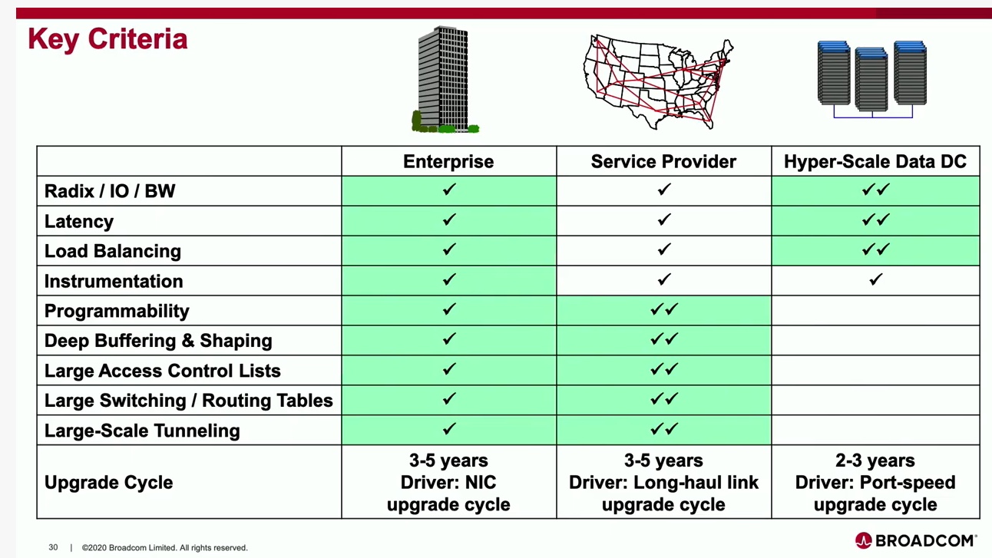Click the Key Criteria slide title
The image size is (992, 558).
(x=107, y=39)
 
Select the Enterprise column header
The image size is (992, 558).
(x=448, y=162)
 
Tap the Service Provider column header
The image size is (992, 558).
(x=663, y=162)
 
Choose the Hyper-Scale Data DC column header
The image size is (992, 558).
(x=875, y=162)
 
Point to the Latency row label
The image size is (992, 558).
(x=79, y=221)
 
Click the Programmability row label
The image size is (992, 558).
(x=117, y=311)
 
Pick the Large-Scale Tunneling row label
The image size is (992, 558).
(x=142, y=431)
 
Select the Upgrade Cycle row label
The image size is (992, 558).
(x=108, y=482)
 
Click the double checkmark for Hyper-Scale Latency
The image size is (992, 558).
(x=875, y=220)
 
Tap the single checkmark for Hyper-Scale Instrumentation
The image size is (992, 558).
(x=875, y=279)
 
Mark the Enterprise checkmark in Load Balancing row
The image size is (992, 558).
(x=449, y=249)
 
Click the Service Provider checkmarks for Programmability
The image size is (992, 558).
(x=664, y=309)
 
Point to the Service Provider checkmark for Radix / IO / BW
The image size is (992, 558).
(x=664, y=190)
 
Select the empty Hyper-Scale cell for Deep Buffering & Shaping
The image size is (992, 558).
(x=875, y=340)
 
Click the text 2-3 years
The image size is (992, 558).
(x=875, y=461)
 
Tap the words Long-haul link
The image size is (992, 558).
(x=696, y=482)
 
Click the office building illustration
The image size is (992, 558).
(x=445, y=79)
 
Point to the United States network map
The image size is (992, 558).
(x=658, y=82)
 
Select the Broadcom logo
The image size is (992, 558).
(x=916, y=540)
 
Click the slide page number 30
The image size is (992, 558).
(x=53, y=547)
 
